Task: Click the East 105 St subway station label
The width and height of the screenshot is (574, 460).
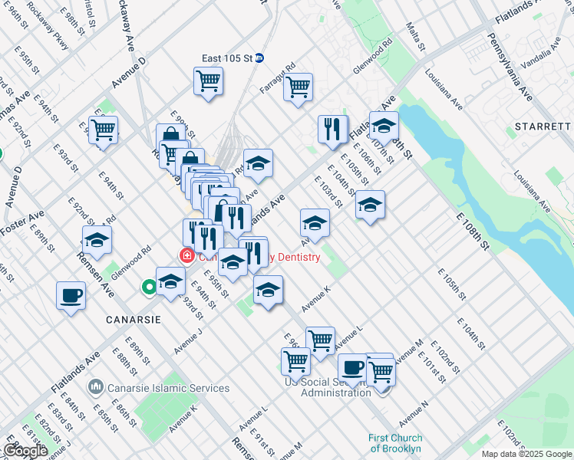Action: point(228,58)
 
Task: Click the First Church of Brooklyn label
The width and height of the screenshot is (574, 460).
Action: point(394,443)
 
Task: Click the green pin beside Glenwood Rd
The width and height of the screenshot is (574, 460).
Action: point(148,288)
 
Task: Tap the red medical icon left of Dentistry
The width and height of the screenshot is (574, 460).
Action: point(186,255)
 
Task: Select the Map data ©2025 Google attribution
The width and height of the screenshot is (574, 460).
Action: point(527,454)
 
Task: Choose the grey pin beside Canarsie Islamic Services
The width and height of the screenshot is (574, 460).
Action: point(95,387)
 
